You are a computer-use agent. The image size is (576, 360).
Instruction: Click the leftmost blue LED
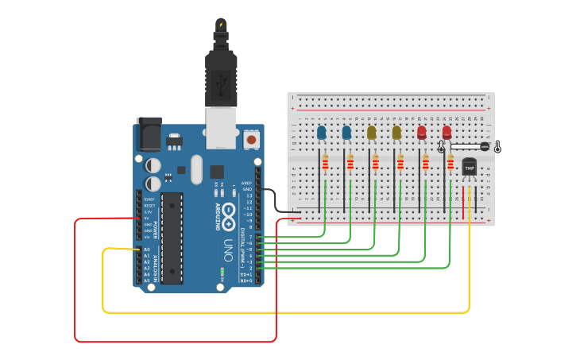point(321,132)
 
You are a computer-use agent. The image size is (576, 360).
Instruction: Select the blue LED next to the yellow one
point(346,132)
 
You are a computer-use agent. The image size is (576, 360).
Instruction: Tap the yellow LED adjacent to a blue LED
point(371,132)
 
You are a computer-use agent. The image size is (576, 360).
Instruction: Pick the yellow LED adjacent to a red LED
point(396,132)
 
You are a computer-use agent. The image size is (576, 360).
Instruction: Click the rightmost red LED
point(446,132)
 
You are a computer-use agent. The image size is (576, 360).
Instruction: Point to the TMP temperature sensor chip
point(469,168)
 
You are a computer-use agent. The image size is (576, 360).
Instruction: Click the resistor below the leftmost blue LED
point(325,163)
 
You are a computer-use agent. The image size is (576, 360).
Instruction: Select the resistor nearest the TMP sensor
point(450,163)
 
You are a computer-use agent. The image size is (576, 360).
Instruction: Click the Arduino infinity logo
point(229,212)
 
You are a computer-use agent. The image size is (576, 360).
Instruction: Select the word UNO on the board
point(228,246)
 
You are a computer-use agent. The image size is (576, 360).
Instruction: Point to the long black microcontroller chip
point(172,238)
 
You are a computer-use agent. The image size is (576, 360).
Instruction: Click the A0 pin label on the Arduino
point(147,250)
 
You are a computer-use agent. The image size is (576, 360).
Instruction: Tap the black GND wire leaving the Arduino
point(274,199)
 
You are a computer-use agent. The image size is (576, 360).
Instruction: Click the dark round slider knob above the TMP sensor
point(485,146)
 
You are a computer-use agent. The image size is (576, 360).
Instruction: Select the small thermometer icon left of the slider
point(441,147)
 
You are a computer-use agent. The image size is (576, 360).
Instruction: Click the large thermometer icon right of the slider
point(497,146)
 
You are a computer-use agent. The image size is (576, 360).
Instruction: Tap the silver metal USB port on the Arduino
point(221,128)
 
